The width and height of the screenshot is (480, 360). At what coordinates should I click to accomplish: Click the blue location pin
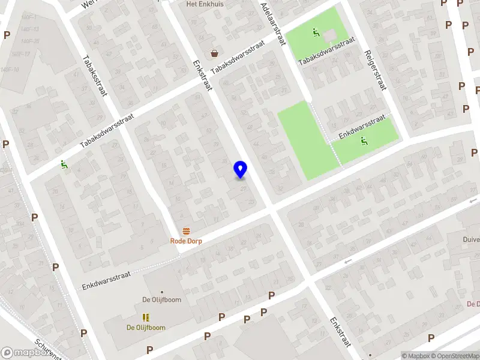pos(241,169)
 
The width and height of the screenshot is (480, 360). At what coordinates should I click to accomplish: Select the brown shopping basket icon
pos(214,53)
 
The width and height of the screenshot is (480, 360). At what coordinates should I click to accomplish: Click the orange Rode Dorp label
pos(186,241)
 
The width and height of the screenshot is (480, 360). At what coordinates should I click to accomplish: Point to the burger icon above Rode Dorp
pos(186,231)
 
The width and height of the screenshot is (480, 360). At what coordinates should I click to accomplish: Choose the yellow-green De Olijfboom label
pos(146,328)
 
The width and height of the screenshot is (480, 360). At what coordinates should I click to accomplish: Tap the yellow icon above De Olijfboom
pos(146,317)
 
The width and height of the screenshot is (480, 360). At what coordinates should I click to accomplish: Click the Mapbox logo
pos(25,353)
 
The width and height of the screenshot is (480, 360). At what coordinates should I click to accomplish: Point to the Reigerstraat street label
pos(373,70)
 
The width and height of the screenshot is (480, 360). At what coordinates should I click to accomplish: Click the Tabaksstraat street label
pos(95,75)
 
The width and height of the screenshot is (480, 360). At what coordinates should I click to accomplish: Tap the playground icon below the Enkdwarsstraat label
pos(363,141)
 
